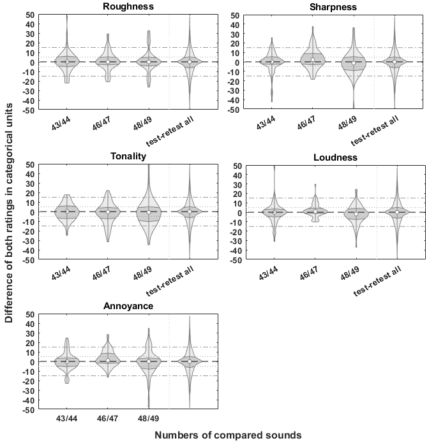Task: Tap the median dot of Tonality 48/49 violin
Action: click(149, 212)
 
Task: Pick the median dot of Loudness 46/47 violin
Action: click(315, 211)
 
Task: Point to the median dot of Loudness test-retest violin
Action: click(396, 212)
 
